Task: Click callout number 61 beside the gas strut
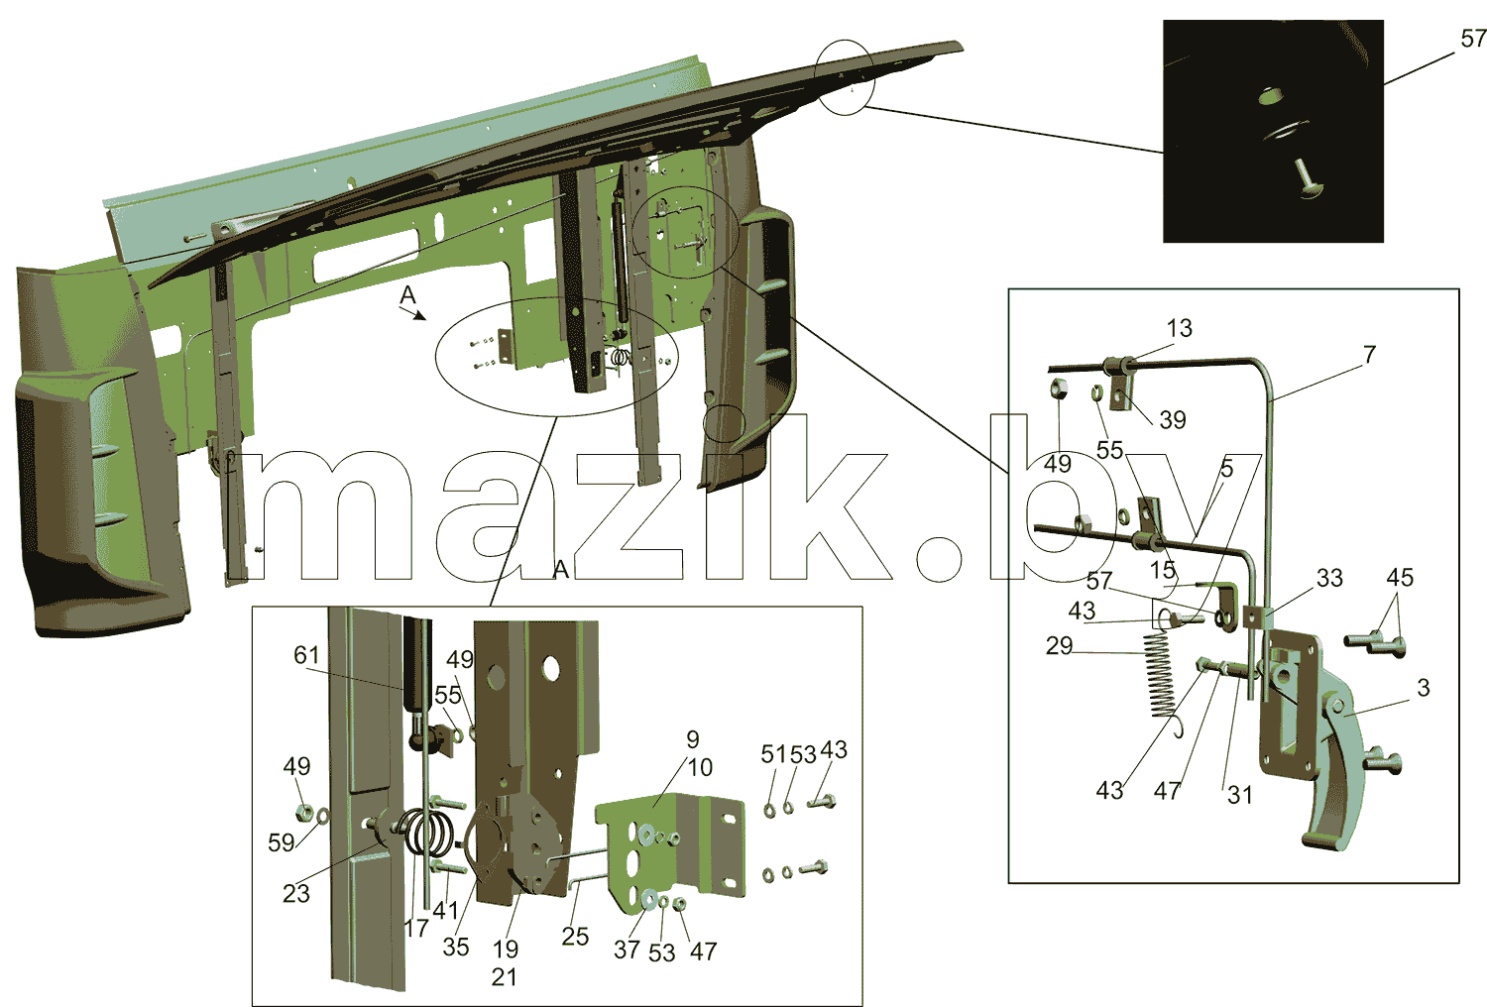306,655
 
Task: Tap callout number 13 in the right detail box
1180,328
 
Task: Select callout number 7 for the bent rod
1369,355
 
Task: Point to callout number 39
1173,419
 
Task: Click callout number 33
1329,578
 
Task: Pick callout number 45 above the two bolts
1400,578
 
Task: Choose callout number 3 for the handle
1424,688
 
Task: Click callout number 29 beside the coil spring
1060,646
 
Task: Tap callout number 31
1239,795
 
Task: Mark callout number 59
282,843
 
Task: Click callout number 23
296,894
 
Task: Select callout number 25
575,937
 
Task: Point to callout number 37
627,950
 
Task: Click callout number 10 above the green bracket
700,767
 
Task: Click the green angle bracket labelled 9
670,848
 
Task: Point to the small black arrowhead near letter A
418,316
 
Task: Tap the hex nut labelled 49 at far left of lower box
302,811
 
